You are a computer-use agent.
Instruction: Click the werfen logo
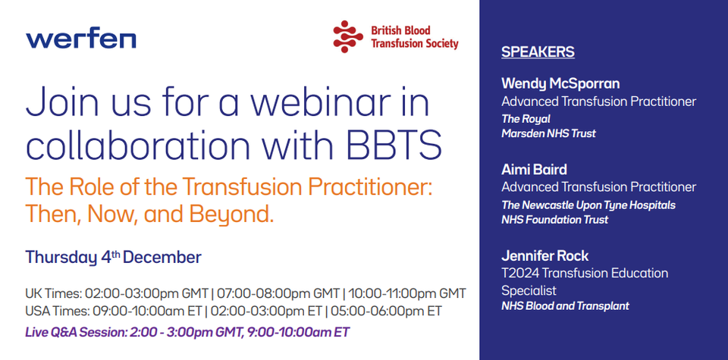tap(81, 40)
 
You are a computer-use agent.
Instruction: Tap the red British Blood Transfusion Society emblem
tap(348, 36)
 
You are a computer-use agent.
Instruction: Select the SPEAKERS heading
tap(538, 52)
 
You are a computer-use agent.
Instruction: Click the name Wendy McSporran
tap(560, 84)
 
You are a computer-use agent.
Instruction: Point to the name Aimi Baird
tap(534, 169)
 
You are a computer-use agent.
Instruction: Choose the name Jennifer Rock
tap(545, 255)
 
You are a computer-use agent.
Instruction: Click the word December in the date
tap(162, 258)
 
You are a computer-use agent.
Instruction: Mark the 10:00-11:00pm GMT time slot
tap(407, 294)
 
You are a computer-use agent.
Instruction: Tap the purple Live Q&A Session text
tap(187, 332)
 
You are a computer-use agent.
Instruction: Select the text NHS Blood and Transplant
tap(565, 306)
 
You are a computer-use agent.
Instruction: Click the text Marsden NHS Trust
tap(548, 133)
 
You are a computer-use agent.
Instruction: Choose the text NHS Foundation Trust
tap(554, 220)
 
